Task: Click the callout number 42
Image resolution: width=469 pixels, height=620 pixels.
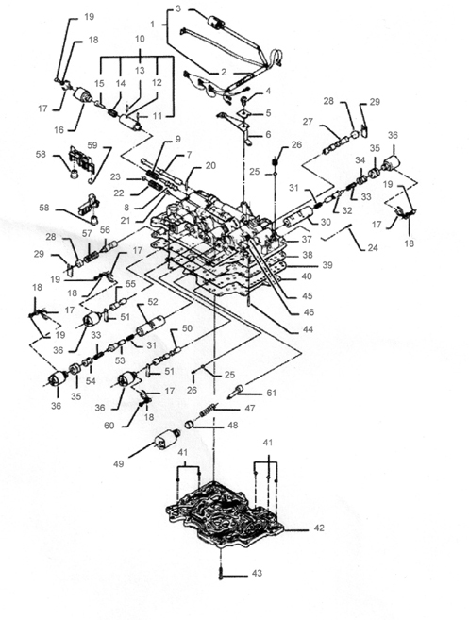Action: (319, 528)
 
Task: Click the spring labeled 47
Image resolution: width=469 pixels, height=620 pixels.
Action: (209, 410)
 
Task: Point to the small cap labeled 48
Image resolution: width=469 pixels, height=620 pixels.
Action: (191, 426)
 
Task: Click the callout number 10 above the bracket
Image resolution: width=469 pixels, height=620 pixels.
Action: (140, 39)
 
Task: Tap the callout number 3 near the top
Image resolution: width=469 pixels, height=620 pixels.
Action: (178, 8)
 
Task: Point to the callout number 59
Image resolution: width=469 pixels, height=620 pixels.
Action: (92, 145)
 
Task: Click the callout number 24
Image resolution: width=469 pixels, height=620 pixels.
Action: (372, 248)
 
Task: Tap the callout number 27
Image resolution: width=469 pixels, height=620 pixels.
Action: (308, 122)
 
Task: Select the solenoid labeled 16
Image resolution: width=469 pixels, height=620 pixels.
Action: (83, 95)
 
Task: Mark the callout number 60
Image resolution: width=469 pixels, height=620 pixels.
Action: (109, 426)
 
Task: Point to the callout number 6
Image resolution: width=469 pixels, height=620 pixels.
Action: (268, 134)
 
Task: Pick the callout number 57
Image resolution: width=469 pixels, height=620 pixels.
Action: (87, 234)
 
